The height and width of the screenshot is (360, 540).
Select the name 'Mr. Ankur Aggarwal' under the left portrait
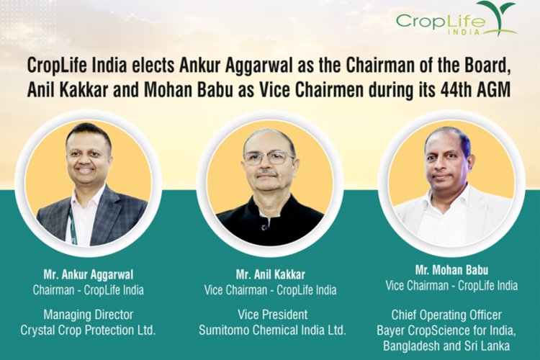[x=89, y=274]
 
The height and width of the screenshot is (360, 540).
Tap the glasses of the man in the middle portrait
[x=269, y=156]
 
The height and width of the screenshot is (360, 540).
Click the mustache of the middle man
[x=268, y=173]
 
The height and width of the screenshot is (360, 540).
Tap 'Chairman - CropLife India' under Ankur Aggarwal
[x=89, y=289]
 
